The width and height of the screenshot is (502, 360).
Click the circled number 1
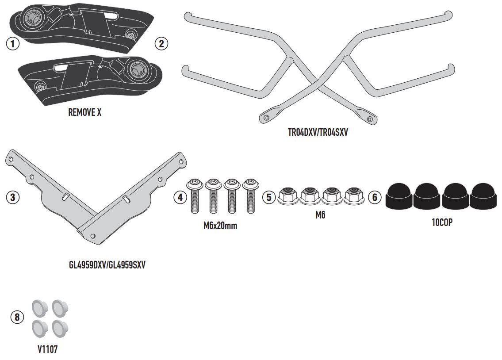[x=13, y=44]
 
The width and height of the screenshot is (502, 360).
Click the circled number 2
[x=161, y=43]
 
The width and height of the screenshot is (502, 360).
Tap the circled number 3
[x=13, y=197]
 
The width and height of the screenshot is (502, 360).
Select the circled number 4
[x=180, y=197]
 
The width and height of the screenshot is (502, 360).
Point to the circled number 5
[x=268, y=197]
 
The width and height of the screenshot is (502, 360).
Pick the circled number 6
[x=374, y=197]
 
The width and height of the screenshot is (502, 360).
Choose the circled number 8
[x=17, y=317]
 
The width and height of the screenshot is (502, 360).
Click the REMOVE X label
[x=84, y=112]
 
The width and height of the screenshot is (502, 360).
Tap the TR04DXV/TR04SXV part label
[x=318, y=132]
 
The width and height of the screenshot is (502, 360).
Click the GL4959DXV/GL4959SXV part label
[x=107, y=265]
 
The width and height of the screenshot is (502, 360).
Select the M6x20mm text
[x=220, y=226]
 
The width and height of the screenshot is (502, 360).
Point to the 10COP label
[x=442, y=222]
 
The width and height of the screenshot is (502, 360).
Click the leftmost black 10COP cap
[x=399, y=197]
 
